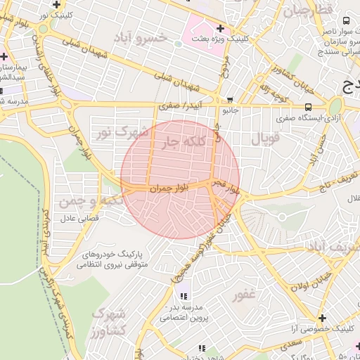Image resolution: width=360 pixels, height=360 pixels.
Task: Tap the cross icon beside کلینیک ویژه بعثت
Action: click(x=221, y=29)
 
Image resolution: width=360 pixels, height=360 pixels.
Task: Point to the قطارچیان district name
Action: click(x=304, y=12)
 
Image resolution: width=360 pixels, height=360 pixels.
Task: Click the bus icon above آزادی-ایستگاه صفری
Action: click(x=309, y=107)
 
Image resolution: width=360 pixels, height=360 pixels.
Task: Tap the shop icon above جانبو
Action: click(x=231, y=101)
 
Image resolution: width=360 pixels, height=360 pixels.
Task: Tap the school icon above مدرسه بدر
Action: click(x=184, y=296)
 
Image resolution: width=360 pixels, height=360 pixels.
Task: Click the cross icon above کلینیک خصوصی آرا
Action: click(x=322, y=318)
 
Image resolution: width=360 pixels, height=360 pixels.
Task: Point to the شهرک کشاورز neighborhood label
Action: click(x=109, y=321)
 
